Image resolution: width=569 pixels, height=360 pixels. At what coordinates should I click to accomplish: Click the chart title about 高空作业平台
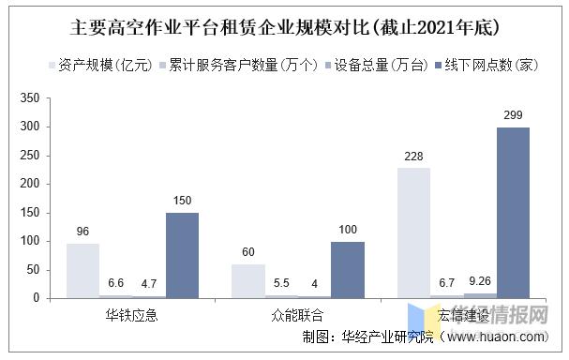coord(284,25)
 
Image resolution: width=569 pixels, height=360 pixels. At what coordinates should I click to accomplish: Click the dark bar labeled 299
coord(513,213)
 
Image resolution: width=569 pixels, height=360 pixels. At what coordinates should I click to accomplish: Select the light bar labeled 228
coord(414,232)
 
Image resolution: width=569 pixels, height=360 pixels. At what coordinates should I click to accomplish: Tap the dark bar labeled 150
coord(183,255)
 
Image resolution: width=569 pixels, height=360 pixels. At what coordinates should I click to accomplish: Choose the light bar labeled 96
coord(83,270)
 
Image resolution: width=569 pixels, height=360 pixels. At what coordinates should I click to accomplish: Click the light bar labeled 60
coord(248,280)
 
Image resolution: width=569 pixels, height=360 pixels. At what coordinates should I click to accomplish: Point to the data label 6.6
coord(116,282)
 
